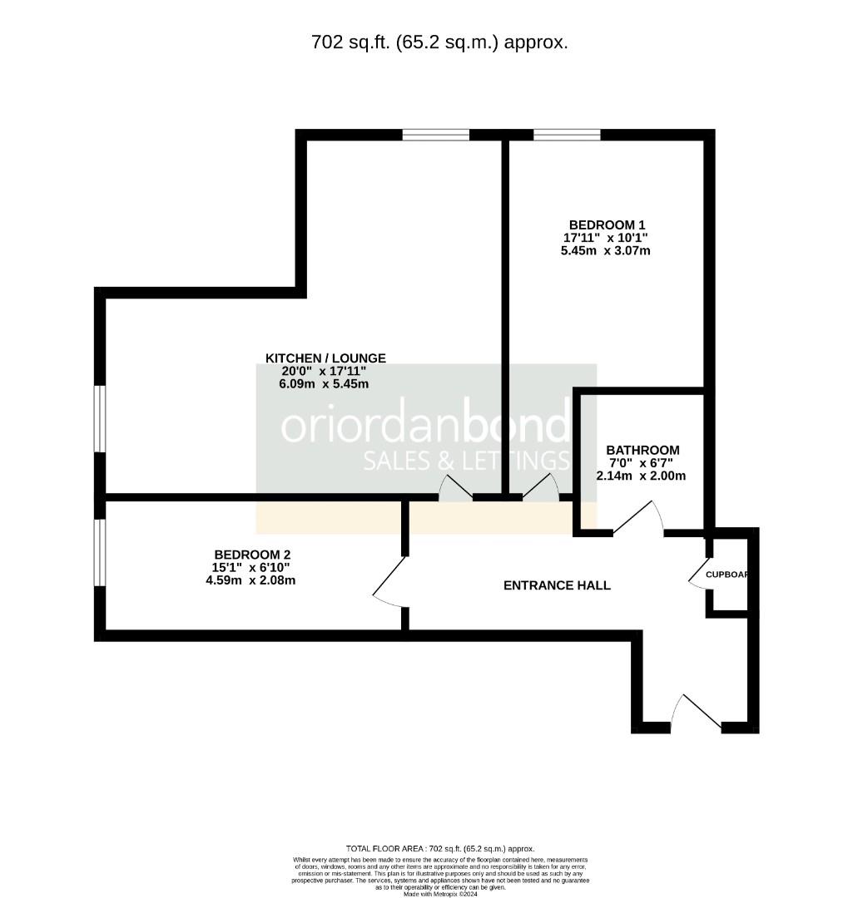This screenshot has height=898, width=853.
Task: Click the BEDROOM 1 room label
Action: pyautogui.click(x=607, y=224)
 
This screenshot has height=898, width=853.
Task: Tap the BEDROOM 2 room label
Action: pyautogui.click(x=252, y=555)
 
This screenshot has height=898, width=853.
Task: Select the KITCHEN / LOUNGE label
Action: pyautogui.click(x=325, y=358)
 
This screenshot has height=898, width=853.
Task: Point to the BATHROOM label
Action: pyautogui.click(x=642, y=450)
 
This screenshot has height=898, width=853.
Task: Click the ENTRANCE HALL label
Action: pyautogui.click(x=557, y=585)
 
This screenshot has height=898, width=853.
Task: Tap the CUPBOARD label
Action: pyautogui.click(x=727, y=575)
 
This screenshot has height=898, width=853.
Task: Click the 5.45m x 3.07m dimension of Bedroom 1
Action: pyautogui.click(x=606, y=250)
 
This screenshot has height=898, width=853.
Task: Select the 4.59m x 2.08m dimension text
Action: pyautogui.click(x=250, y=580)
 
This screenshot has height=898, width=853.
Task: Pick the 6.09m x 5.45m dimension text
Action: pyautogui.click(x=325, y=384)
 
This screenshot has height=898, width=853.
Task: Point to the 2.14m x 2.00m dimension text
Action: pyautogui.click(x=641, y=476)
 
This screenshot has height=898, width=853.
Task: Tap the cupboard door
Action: pyautogui.click(x=698, y=574)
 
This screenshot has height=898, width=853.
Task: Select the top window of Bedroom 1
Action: pyautogui.click(x=567, y=135)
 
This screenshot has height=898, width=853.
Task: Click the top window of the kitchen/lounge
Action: pyautogui.click(x=436, y=135)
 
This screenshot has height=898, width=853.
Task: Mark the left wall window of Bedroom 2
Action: pyautogui.click(x=100, y=552)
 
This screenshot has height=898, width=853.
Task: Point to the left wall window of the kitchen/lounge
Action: pyautogui.click(x=100, y=419)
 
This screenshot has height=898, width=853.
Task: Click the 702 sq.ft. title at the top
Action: pyautogui.click(x=439, y=42)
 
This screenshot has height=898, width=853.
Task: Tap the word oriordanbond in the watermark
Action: pyautogui.click(x=426, y=425)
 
